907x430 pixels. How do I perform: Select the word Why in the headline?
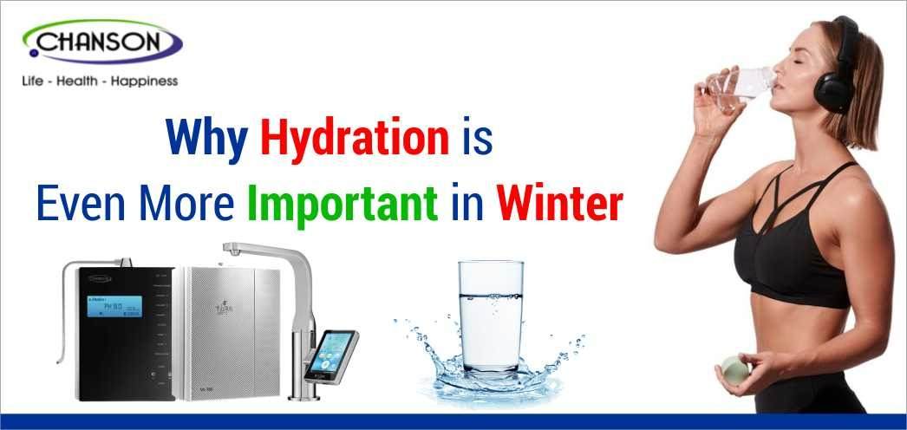click(208, 141)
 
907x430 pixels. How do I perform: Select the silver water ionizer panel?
click(227, 334)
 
